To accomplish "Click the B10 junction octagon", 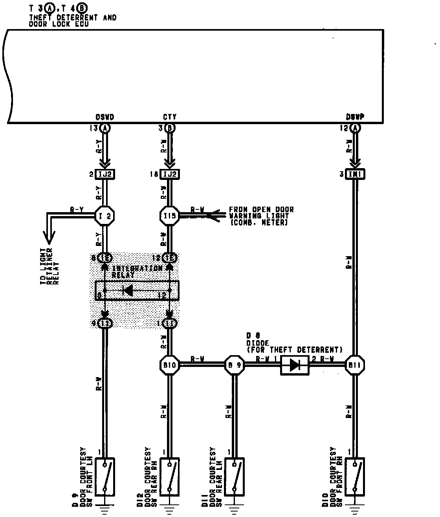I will point(170,365).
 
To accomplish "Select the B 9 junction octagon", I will point(235,365).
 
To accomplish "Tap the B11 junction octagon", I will point(355,365).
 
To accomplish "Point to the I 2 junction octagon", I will point(105,216).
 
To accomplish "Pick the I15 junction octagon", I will point(170,216).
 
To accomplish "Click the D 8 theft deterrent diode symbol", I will point(295,365).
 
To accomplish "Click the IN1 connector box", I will point(355,174).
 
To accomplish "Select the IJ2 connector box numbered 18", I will point(170,174).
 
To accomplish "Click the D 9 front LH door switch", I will point(105,477).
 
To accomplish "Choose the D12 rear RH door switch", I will point(170,477).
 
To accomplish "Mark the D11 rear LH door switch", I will point(235,477).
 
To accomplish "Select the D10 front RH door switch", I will point(355,477).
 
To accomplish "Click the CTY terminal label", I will point(170,117).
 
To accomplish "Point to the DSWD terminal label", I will point(105,117).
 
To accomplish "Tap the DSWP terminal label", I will point(355,117).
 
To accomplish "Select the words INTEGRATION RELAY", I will point(137,271).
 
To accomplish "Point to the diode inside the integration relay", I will point(127,291).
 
